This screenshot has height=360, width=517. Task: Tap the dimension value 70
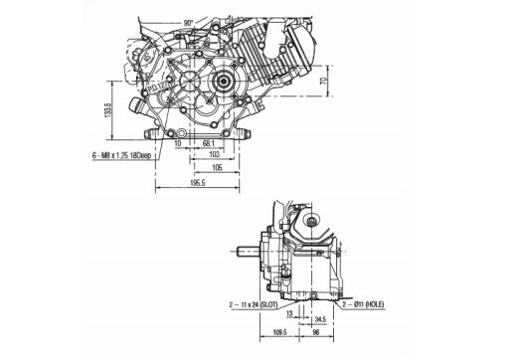(322, 96)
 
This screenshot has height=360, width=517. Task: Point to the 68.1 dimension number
(209, 142)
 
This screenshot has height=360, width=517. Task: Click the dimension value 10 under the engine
(177, 142)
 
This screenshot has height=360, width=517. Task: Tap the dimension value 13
(289, 311)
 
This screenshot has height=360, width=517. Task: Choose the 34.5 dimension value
(320, 319)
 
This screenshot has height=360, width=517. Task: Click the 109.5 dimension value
(280, 333)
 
